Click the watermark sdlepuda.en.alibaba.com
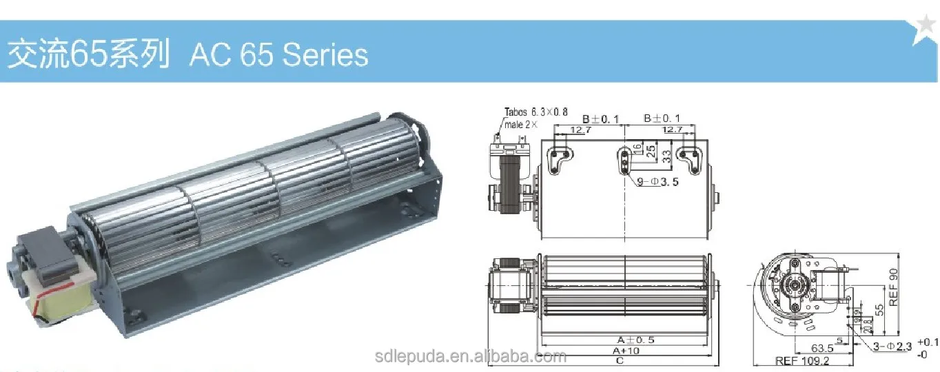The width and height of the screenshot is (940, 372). (x=471, y=356)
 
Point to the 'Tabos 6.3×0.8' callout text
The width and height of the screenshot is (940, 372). (x=536, y=112)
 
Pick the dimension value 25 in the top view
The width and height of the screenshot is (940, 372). (x=650, y=151)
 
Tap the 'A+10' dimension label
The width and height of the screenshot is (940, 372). (x=625, y=350)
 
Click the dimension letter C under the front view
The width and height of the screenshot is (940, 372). (x=620, y=360)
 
